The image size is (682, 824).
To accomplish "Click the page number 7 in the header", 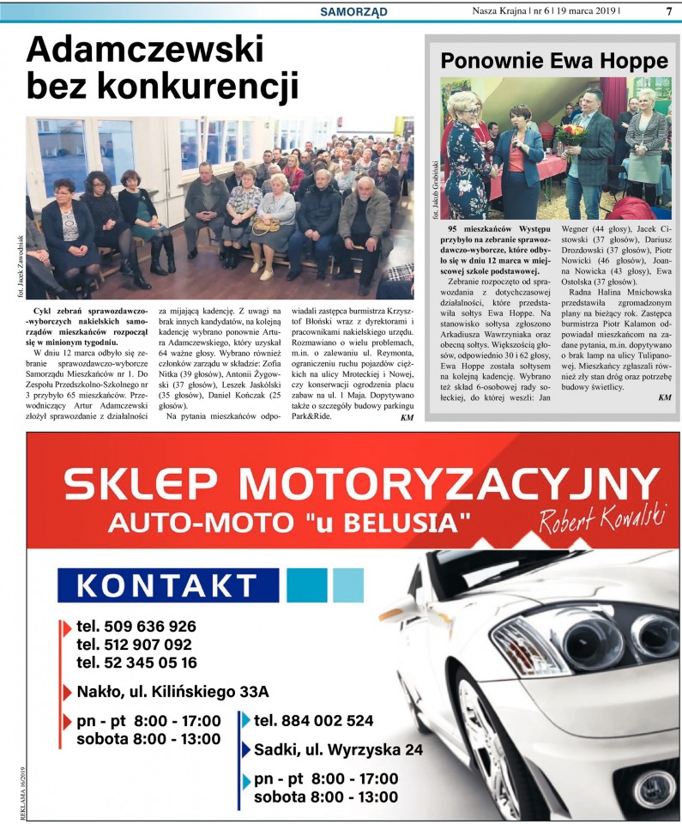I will pos(668,11).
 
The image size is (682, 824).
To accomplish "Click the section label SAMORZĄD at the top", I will pos(353,11).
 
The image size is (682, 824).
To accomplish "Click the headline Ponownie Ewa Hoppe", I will pos(553,61).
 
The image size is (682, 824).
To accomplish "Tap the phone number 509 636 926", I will pos(136,626).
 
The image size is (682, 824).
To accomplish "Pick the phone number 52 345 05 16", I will pos(136,662).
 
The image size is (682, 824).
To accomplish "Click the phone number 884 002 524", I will pos(314,720).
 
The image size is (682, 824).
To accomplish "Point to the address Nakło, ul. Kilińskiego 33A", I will pos(172,691).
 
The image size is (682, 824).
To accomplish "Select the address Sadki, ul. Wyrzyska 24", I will pos(338,749).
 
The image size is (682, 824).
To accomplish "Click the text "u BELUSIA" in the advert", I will pos(401,521).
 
